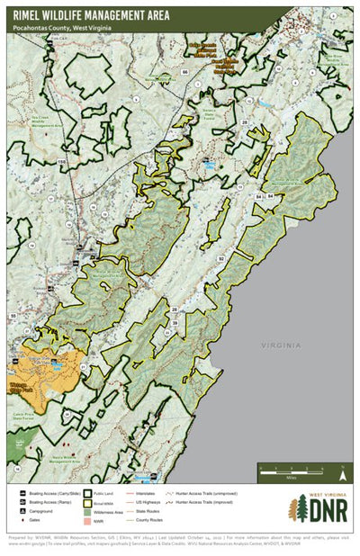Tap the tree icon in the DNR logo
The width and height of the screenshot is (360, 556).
coord(294,510)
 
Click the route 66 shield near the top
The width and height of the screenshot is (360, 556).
coord(184,70)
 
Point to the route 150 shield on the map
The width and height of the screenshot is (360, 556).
coord(62,161)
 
